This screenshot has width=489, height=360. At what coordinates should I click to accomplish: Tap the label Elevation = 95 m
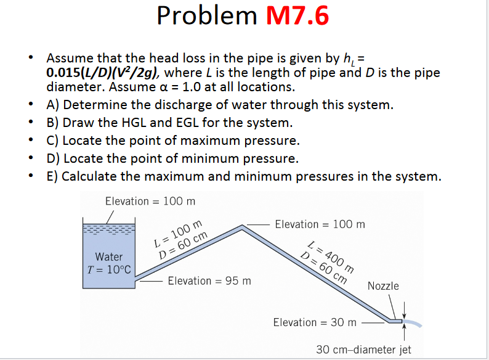[209, 281]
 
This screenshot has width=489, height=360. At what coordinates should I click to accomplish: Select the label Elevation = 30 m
[315, 322]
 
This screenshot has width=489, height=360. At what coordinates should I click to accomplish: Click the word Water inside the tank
[109, 256]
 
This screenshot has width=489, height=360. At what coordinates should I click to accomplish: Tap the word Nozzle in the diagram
[383, 286]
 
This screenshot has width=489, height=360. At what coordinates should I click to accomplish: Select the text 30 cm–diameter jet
[364, 350]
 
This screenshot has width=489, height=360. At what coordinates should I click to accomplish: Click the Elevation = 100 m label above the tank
[150, 202]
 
